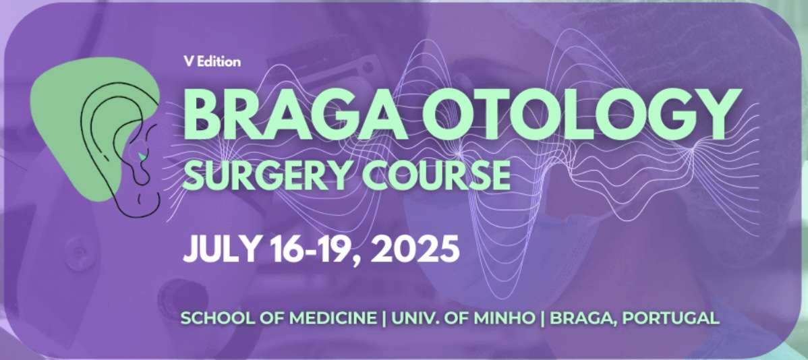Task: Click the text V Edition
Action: (212, 62)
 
